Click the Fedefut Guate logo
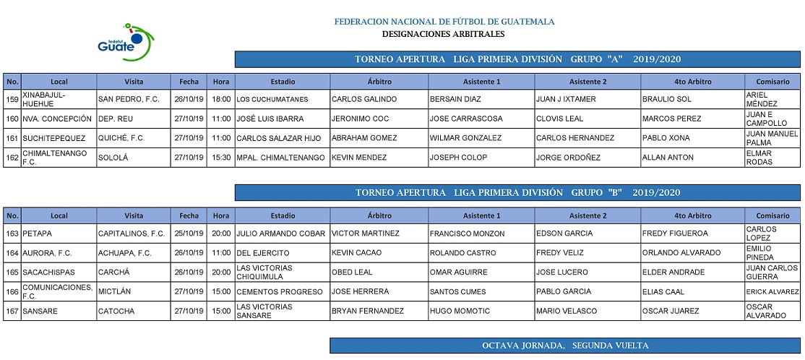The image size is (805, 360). pos(126,40)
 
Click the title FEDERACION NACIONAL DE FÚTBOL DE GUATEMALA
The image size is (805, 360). pos(444,22)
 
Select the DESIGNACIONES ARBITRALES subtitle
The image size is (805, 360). pos(443,34)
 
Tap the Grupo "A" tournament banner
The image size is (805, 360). pos(517,59)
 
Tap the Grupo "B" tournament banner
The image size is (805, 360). pos(517,192)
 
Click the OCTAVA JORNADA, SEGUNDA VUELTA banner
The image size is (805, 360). pos(565,346)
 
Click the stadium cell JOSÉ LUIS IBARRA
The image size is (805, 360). pos(270,119)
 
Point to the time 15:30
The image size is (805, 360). pos(221,158)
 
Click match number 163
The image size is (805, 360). pos(12,233)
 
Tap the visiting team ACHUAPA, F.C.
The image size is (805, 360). pos(124,253)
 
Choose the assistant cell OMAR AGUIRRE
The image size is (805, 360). pos(458,273)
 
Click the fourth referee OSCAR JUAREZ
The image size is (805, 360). pos(671,312)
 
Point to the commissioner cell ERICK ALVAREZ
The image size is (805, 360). pos(772,292)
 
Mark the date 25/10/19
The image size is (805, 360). pos(189,233)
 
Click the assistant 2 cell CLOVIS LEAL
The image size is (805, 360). pos(560,119)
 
